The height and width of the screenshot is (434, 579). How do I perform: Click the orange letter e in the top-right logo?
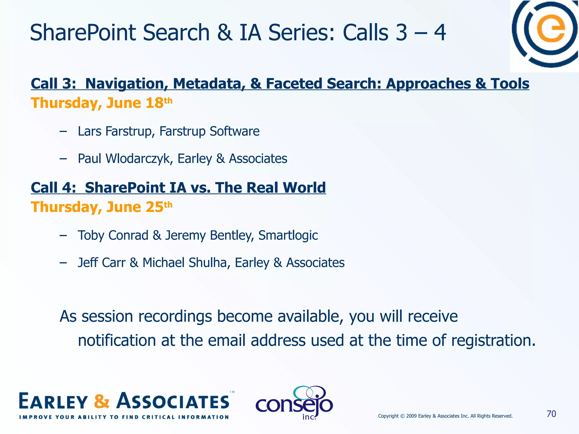(551, 29)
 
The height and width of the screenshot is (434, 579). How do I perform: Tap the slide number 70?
(551, 414)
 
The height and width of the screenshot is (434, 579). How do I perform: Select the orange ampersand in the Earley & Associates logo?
(101, 401)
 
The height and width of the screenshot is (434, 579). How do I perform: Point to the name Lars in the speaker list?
(89, 131)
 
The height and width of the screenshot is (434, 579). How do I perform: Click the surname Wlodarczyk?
(139, 159)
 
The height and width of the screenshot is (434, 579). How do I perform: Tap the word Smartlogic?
(288, 235)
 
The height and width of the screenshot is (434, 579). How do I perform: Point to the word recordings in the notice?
(175, 316)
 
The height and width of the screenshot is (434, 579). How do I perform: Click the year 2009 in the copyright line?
(411, 416)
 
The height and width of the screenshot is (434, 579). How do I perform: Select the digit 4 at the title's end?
(440, 32)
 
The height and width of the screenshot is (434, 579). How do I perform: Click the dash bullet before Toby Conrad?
(63, 235)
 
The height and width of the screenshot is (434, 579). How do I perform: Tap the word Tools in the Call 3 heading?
(510, 84)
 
